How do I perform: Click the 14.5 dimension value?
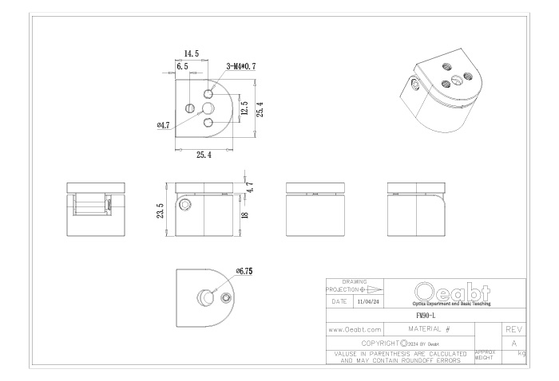tap(192, 53)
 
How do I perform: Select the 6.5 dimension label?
tap(182, 66)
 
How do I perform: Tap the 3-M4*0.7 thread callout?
tap(241, 66)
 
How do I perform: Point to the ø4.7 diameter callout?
tap(163, 125)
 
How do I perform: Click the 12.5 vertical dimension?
tap(244, 108)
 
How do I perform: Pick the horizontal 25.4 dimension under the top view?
tap(204, 155)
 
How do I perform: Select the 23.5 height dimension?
tap(161, 210)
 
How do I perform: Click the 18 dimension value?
tap(245, 215)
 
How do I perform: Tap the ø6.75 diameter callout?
tap(244, 271)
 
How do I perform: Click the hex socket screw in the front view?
tap(185, 204)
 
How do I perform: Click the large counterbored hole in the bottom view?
tap(206, 297)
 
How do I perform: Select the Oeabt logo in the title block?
tap(452, 294)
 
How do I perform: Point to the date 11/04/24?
tap(369, 301)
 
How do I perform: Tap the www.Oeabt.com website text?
tap(355, 330)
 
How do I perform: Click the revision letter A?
tap(514, 344)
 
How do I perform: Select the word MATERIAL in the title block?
tap(425, 328)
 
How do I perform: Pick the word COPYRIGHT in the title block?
tap(380, 344)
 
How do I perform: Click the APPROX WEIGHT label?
tap(485, 355)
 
